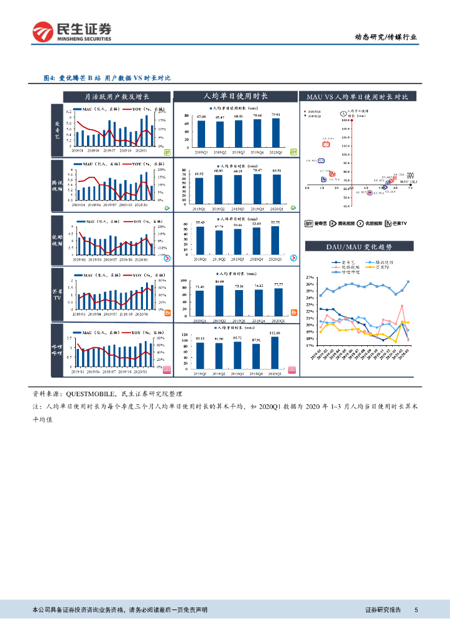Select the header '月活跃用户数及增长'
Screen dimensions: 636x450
pyautogui.click(x=117, y=96)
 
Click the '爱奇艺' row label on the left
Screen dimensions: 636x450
pyautogui.click(x=55, y=130)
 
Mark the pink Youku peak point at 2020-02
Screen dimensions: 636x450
pyautogui.click(x=402, y=306)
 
